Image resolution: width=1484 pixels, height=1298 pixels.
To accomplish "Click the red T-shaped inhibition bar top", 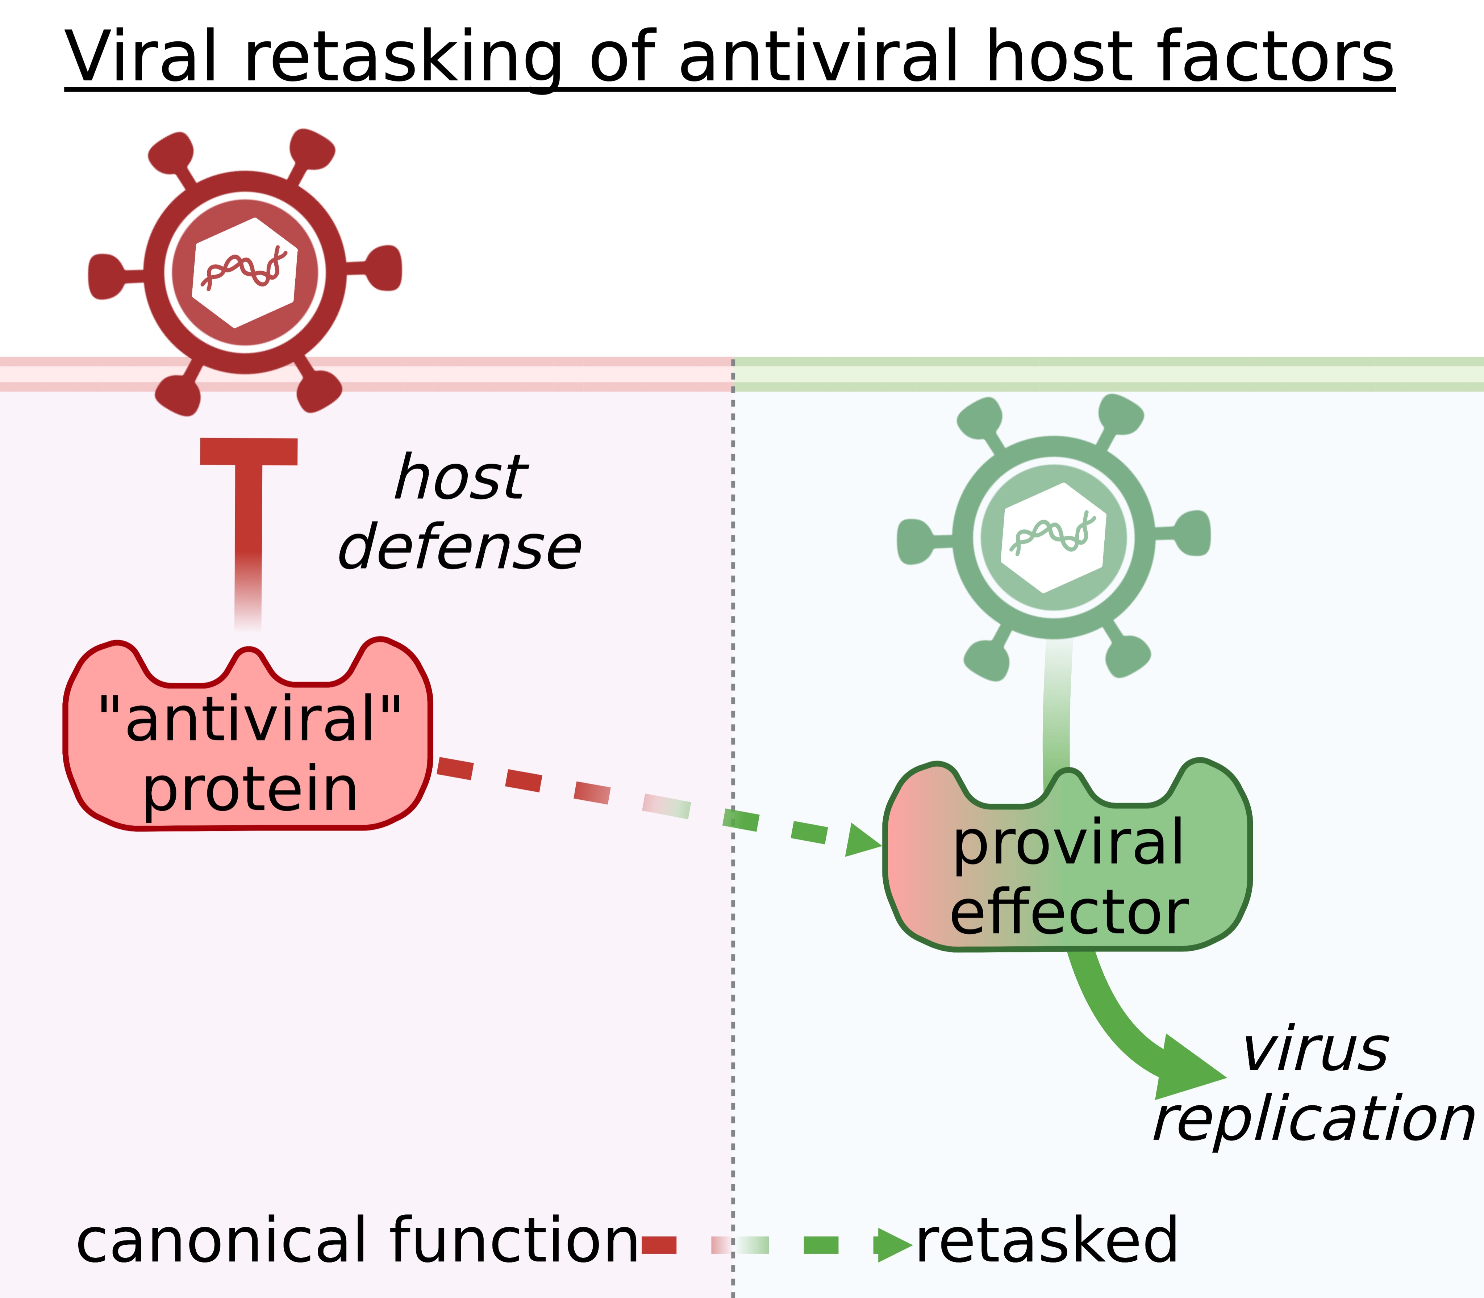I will pyautogui.click(x=249, y=451).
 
